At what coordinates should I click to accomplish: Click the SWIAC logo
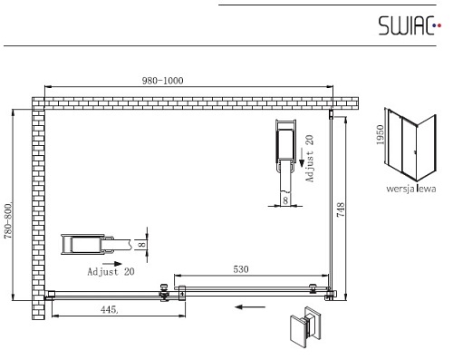410,25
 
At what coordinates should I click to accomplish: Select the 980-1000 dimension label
162,81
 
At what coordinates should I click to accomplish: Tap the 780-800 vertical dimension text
8,219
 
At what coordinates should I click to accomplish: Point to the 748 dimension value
341,209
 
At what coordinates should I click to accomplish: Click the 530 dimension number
241,269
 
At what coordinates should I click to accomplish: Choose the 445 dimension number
109,309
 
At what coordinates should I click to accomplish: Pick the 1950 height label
380,135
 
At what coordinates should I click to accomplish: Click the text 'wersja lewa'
411,189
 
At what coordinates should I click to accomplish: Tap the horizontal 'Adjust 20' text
111,271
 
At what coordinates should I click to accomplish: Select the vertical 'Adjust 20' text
310,159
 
